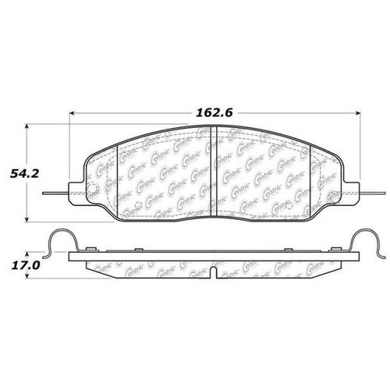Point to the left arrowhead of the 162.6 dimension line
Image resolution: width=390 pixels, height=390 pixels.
pyautogui.click(x=72, y=111)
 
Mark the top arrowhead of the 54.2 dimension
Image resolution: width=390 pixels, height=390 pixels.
pyautogui.click(x=30, y=125)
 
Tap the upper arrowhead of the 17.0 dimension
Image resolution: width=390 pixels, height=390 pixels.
pyautogui.click(x=30, y=253)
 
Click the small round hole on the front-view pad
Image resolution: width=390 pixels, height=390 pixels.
pyautogui.click(x=90, y=193)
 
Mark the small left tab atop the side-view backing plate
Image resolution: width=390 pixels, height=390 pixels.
pyautogui.click(x=90, y=250)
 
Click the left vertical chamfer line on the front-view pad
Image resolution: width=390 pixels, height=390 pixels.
pyautogui.click(x=116, y=179)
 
